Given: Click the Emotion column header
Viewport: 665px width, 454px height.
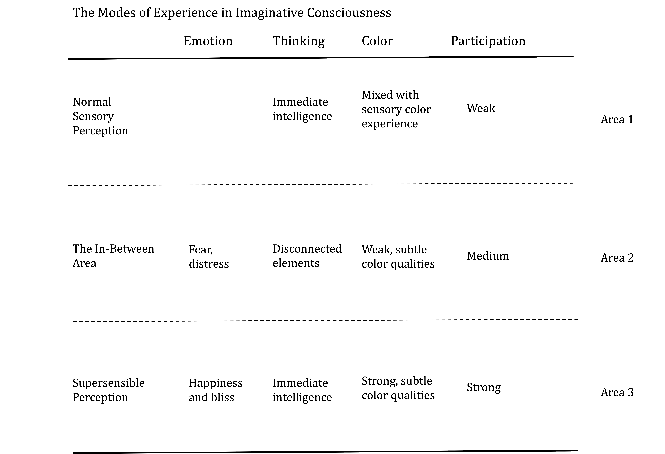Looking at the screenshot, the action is (x=208, y=41).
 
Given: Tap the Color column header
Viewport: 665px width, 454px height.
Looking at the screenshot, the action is (x=377, y=41).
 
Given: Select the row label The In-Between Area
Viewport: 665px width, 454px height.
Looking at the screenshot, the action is (x=113, y=256).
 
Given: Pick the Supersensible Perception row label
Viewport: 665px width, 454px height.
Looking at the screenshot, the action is (x=108, y=390).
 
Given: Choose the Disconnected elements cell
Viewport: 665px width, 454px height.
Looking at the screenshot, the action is (x=307, y=256).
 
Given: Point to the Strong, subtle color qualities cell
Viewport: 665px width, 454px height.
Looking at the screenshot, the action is (x=398, y=388).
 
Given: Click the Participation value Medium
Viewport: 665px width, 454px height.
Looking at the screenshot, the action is (x=488, y=256).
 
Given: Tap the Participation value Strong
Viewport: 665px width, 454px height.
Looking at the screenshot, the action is (x=484, y=388).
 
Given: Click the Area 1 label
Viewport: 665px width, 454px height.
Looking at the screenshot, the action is (x=617, y=119).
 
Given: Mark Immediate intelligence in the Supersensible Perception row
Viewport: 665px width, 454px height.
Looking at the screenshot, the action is (x=302, y=390).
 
